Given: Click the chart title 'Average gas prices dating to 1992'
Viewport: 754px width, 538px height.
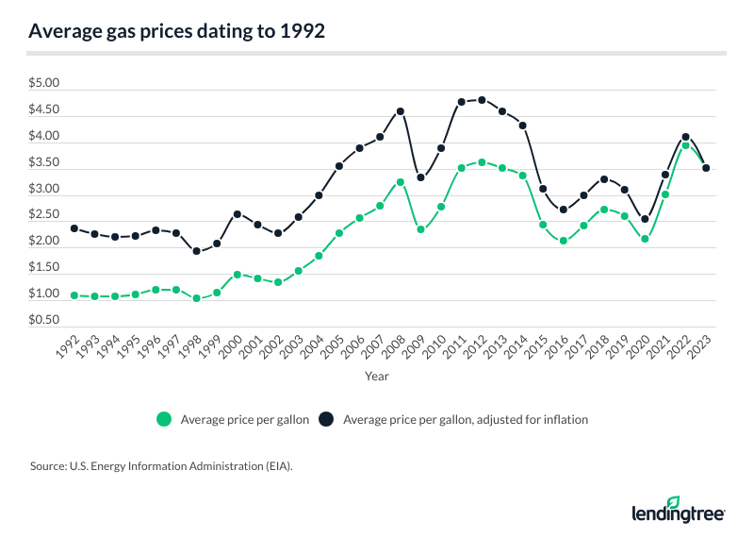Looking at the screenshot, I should pos(177,31).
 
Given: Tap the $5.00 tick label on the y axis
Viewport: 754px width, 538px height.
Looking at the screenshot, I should pos(44,84).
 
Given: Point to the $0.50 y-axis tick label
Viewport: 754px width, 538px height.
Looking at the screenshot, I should pos(44,321).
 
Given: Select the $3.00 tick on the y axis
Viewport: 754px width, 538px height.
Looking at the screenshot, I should pos(44,190).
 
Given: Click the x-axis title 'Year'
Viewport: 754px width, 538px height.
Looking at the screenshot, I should pos(377,376).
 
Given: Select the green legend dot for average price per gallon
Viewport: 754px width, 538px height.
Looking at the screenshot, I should pos(166,420).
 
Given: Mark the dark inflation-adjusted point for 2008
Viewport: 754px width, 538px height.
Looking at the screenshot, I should pos(401,111).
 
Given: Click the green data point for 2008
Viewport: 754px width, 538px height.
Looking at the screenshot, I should pos(401,182).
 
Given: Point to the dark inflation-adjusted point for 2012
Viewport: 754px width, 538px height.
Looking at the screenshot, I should pos(483,100).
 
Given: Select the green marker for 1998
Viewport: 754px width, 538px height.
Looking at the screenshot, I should pos(196,298).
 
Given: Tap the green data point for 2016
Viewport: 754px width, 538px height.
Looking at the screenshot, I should pos(564,241).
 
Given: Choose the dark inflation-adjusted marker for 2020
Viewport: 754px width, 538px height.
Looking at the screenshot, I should pos(646,220).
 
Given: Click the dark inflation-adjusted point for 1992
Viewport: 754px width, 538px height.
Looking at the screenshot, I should pos(74,228).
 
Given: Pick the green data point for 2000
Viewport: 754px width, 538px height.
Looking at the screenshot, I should pos(238,275).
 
